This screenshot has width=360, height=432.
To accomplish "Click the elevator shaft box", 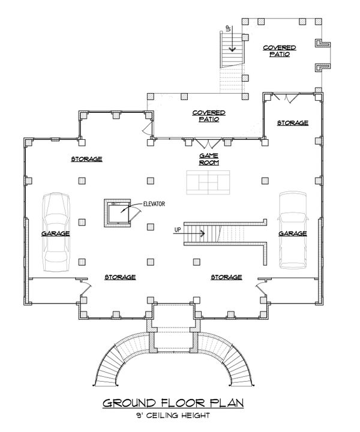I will pyautogui.click(x=116, y=213).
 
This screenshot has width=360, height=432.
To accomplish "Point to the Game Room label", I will pyautogui.click(x=208, y=158).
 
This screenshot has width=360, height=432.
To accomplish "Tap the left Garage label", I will pyautogui.click(x=55, y=233).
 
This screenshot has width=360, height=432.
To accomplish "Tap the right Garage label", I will pyautogui.click(x=293, y=233).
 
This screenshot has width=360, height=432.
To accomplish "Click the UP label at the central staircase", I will pyautogui.click(x=177, y=230).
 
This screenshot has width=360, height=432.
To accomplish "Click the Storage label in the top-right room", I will pyautogui.click(x=292, y=122).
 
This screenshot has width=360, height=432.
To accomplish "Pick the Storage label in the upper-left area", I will pyautogui.click(x=86, y=159).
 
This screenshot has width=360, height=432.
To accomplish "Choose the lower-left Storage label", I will pyautogui.click(x=120, y=277).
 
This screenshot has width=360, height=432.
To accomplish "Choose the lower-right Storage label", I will pyautogui.click(x=226, y=277).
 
